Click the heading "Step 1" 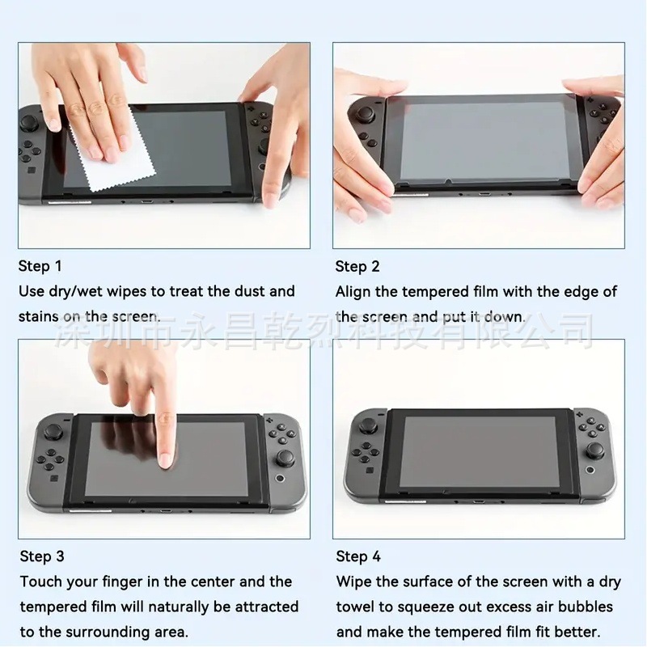click(40, 266)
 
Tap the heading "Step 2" click(357, 266)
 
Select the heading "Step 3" click(42, 556)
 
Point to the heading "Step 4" click(358, 556)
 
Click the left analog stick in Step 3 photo click(55, 426)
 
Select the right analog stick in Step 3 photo click(285, 459)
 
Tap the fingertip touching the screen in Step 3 click(166, 459)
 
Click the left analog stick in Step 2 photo click(366, 114)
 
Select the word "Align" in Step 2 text click(354, 291)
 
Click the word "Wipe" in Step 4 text click(353, 581)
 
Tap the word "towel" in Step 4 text click(356, 607)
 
